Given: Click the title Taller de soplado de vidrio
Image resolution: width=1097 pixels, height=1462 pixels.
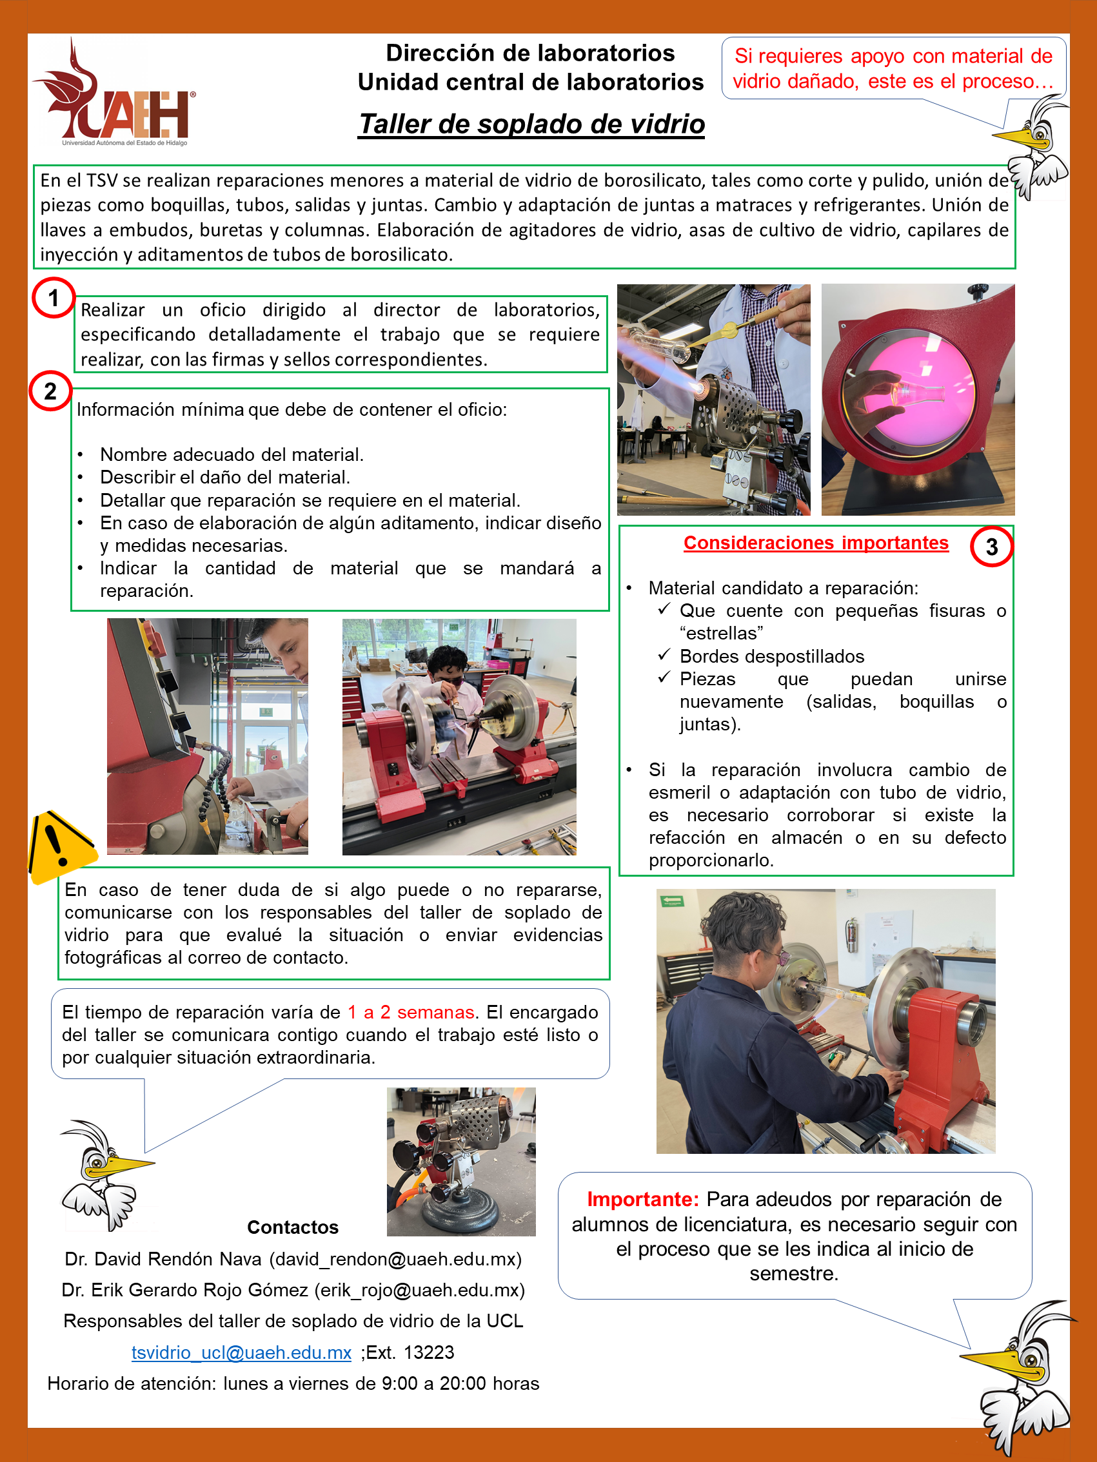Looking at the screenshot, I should pos(531,124).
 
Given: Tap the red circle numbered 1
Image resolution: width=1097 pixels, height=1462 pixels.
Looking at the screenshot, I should pos(54,298).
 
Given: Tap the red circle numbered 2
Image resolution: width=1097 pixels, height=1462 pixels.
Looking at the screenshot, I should pos(50,391).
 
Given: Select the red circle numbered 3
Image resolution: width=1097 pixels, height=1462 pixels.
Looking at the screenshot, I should pos(991,547).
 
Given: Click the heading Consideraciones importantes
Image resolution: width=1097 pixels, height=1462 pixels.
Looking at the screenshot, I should pos(815,543).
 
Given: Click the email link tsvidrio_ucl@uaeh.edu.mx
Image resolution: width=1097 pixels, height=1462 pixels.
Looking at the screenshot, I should pos(241,1352).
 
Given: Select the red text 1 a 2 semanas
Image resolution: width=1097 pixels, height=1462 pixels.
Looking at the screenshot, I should pos(411,1012).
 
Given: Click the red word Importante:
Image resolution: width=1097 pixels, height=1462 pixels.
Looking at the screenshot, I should pos(642,1199).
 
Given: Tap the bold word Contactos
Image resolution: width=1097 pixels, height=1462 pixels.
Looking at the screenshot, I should pos(292,1227).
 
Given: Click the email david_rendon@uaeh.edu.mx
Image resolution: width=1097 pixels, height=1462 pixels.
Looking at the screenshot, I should pos(395,1259).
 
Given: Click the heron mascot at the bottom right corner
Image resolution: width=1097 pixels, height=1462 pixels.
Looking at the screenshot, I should pos(1022,1378).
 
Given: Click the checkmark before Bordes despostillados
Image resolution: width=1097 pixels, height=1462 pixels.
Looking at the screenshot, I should pos(664,655).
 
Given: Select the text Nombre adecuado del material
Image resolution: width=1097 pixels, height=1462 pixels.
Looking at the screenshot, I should pos(232,454).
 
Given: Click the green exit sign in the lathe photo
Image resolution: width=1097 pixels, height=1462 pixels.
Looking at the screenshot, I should pos(673,900).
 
